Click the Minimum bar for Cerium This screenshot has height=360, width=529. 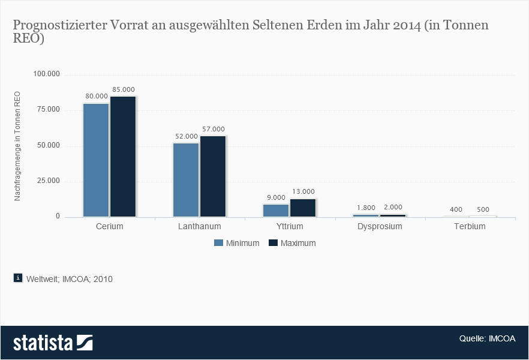click(96, 160)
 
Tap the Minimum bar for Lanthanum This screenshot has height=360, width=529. click(186, 179)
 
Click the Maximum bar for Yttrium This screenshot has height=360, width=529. click(303, 208)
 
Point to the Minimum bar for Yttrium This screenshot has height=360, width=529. click(276, 211)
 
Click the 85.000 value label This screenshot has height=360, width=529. click(123, 89)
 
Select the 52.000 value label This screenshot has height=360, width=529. click(186, 136)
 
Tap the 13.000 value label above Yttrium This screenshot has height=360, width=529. click(303, 191)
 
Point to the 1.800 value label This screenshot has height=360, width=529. click(366, 208)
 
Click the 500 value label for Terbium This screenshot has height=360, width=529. click(483, 209)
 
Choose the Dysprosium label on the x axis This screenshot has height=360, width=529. click(380, 227)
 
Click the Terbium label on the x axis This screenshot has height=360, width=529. click(470, 227)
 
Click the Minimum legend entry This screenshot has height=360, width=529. click(236, 243)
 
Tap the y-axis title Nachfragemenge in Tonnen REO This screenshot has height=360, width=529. click(17, 146)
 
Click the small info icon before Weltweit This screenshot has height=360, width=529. click(17, 278)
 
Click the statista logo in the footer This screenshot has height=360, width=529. click(53, 343)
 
